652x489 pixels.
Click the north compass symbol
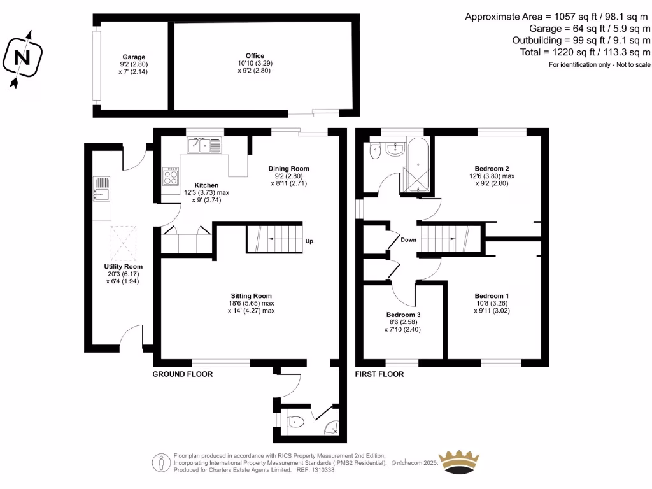[23, 57]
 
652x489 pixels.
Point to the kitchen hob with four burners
[170, 176]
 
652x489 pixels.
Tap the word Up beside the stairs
[309, 241]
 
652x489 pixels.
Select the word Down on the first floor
[408, 240]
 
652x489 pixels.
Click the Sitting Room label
[251, 296]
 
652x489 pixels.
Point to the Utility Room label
[124, 267]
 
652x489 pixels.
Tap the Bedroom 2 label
[491, 169]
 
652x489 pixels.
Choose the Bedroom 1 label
[491, 296]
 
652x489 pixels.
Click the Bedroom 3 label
[403, 315]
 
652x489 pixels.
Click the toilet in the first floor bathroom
[374, 152]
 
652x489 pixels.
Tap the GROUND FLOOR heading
[182, 374]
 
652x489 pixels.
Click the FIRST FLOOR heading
[379, 374]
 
